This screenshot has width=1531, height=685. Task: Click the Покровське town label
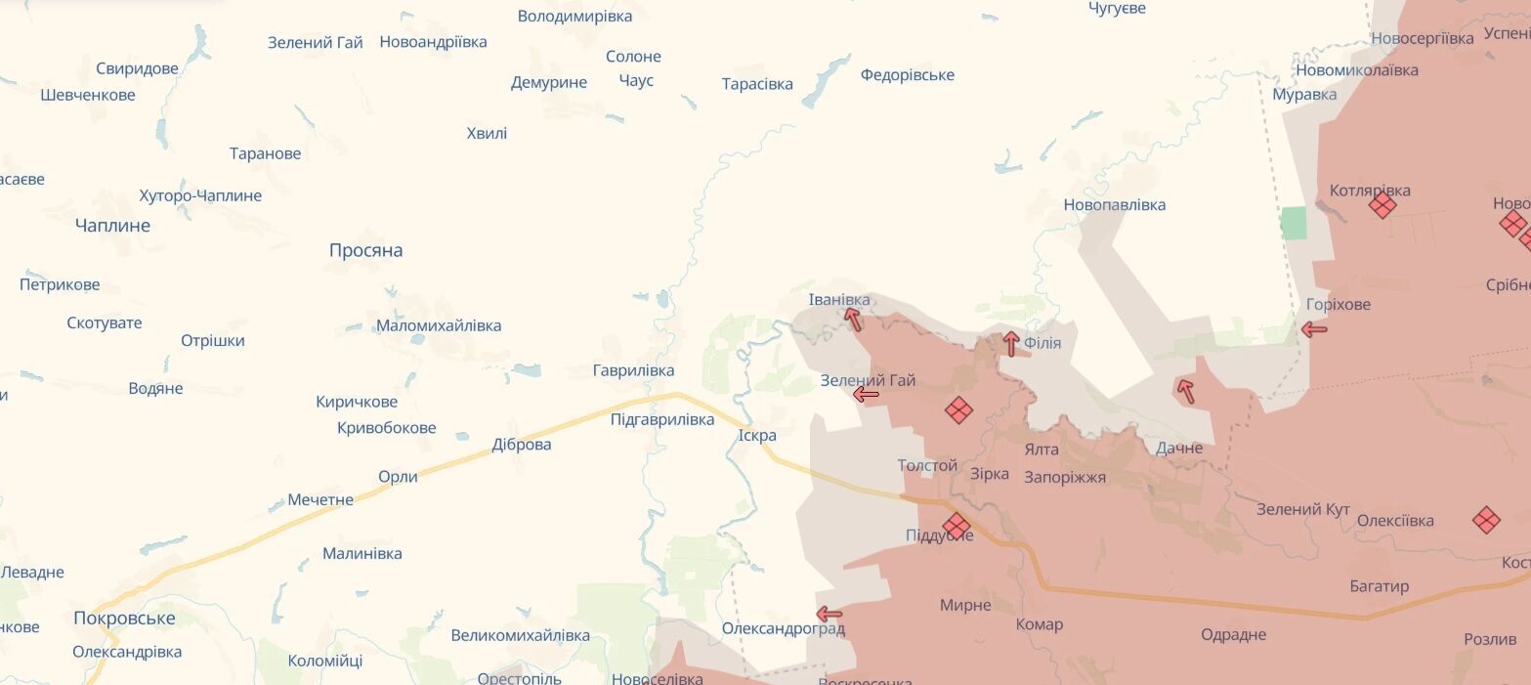(124, 618)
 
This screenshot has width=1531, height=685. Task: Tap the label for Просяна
(365, 250)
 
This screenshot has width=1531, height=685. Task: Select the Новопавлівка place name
(1114, 205)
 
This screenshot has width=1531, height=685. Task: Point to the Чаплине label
(112, 226)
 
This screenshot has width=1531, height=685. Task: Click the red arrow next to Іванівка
(853, 319)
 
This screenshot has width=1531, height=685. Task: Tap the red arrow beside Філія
(1011, 343)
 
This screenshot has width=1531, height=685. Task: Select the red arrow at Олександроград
(829, 614)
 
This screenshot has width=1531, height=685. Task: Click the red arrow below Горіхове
(1314, 330)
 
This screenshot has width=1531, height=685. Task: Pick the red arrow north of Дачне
(1185, 391)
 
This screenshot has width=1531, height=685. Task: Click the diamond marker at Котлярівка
(1382, 205)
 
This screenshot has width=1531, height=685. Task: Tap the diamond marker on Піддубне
(957, 527)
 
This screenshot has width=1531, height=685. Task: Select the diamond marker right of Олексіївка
(1486, 520)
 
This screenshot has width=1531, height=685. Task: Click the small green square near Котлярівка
(1293, 223)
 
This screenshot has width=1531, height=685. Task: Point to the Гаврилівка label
(633, 370)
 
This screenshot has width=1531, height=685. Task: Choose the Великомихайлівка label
(520, 635)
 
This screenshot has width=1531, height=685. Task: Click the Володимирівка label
(574, 16)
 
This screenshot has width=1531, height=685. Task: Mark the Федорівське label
(907, 75)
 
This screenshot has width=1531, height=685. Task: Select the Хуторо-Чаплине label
(200, 195)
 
